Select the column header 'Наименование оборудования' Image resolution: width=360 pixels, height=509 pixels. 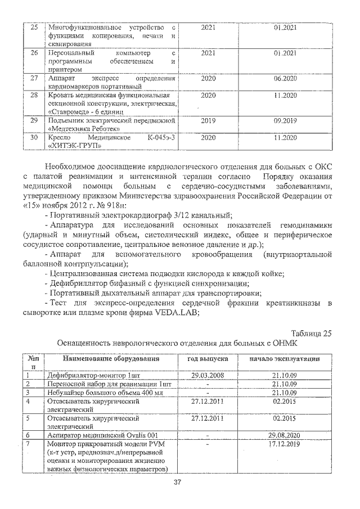click(x=102, y=358)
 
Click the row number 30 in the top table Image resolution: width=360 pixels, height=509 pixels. click(x=34, y=137)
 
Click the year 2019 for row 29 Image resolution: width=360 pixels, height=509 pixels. click(x=208, y=120)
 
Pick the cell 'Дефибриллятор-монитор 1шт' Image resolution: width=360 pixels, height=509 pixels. click(x=94, y=374)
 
